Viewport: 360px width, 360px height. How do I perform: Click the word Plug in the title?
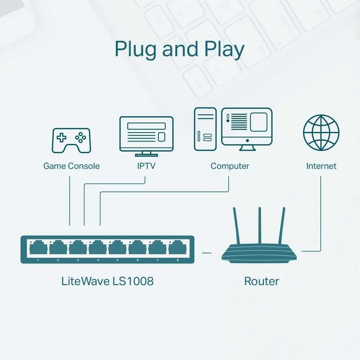click(135, 49)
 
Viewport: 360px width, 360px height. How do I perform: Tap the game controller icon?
click(71, 140)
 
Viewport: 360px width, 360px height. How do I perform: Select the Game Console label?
click(71, 166)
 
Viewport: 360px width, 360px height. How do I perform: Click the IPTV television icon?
click(146, 134)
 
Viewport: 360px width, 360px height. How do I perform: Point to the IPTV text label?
click(146, 166)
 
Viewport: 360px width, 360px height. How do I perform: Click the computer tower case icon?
click(205, 129)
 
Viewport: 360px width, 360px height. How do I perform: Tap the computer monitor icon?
click(246, 127)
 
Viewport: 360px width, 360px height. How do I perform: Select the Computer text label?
click(229, 166)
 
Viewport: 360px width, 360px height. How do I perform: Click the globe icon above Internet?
click(321, 133)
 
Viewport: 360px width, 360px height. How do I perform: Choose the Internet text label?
click(321, 166)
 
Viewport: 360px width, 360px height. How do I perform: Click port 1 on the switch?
click(38, 248)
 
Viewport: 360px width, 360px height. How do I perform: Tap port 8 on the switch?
click(178, 248)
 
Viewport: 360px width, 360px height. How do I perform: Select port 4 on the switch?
click(98, 248)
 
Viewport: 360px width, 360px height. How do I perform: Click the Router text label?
click(261, 281)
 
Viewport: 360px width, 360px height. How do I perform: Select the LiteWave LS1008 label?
click(107, 281)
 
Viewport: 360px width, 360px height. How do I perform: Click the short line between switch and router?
click(207, 253)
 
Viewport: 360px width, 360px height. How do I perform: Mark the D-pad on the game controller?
click(61, 138)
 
